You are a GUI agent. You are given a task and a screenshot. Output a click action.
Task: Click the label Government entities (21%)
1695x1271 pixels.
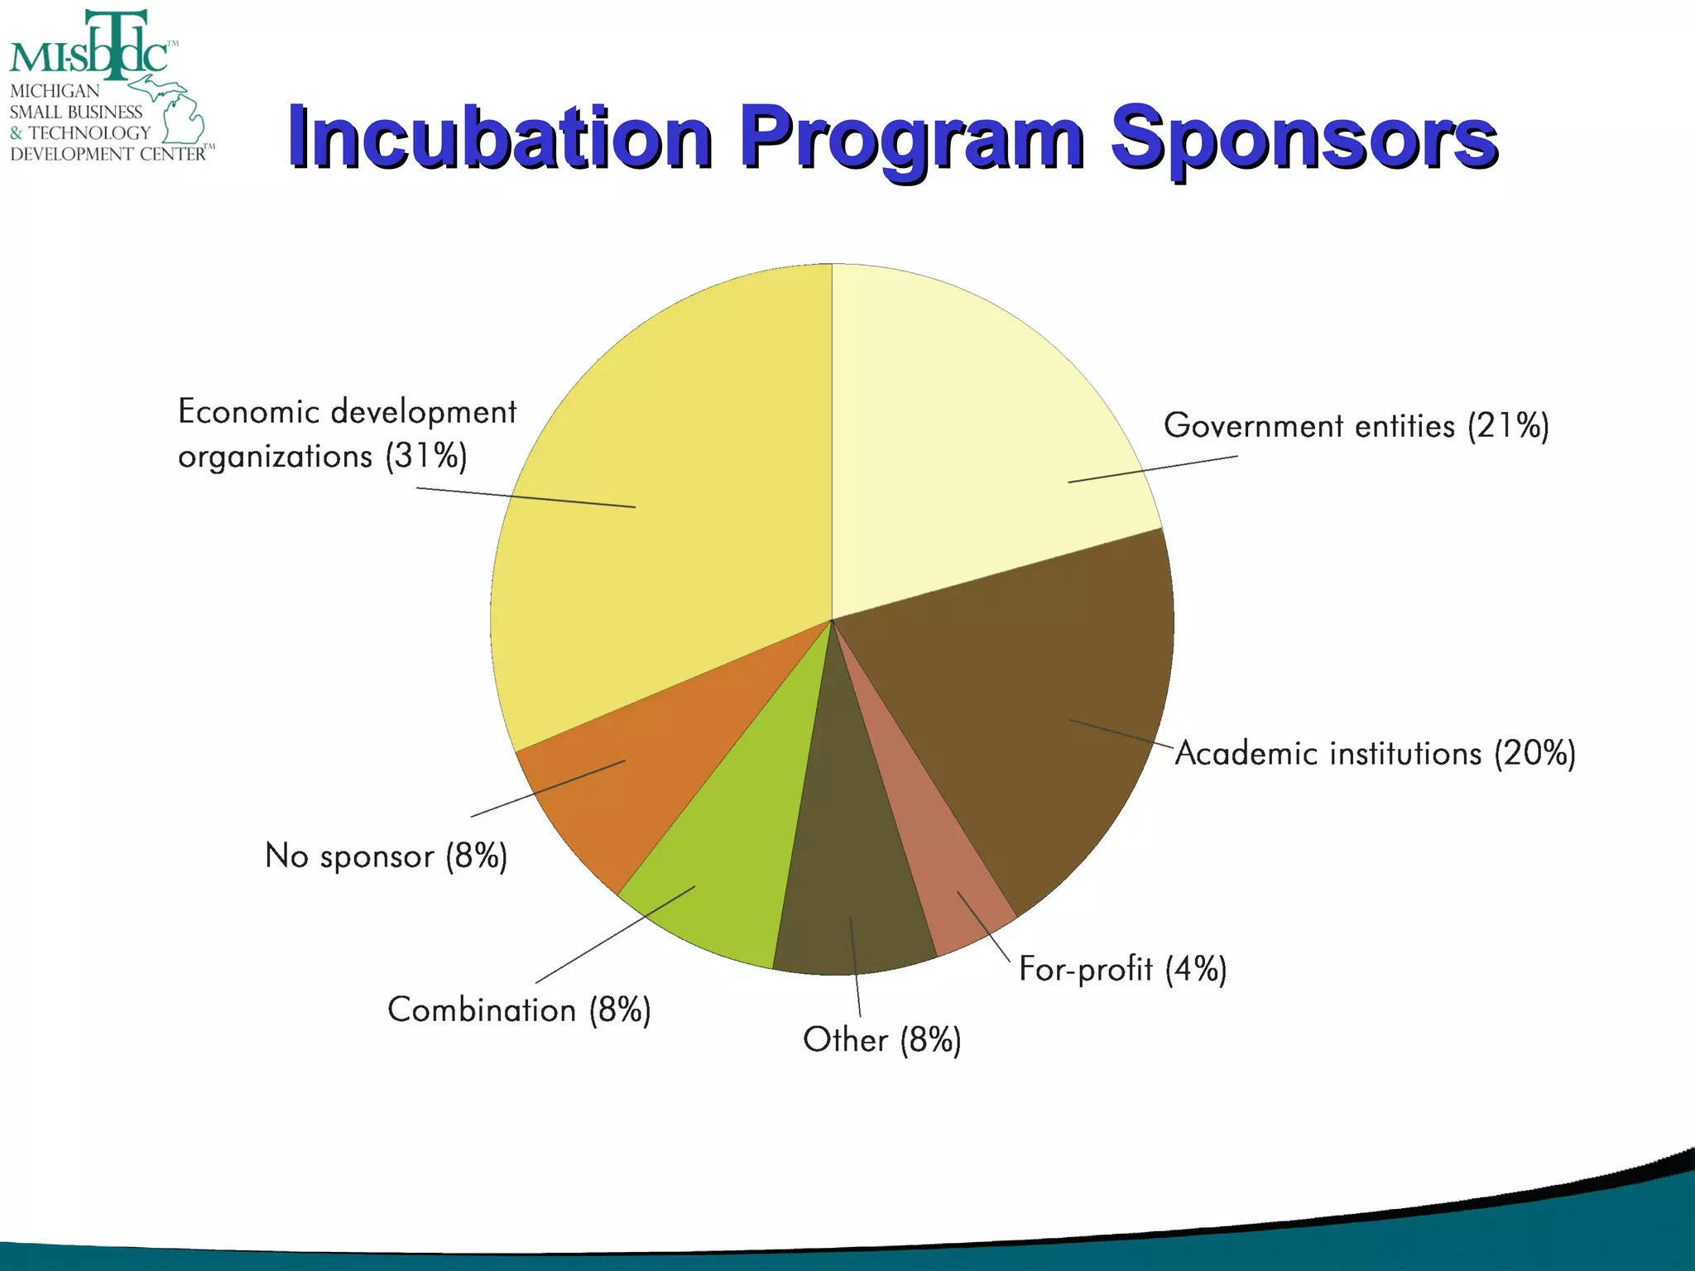coord(1356,426)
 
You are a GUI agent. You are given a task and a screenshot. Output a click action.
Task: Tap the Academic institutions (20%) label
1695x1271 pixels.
coord(1375,754)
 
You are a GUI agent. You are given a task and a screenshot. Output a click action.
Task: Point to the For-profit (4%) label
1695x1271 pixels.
coord(1122,969)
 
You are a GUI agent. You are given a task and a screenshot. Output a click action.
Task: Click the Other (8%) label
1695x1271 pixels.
coord(882,1040)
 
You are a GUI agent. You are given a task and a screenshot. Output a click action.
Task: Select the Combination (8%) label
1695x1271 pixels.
coord(519,1010)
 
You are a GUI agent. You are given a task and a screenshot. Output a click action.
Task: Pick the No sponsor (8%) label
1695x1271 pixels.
coord(386,856)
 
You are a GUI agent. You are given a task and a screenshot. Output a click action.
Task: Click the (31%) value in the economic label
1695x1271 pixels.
coord(426,456)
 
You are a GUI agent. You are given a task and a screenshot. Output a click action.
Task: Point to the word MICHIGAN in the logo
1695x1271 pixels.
coord(55,91)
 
